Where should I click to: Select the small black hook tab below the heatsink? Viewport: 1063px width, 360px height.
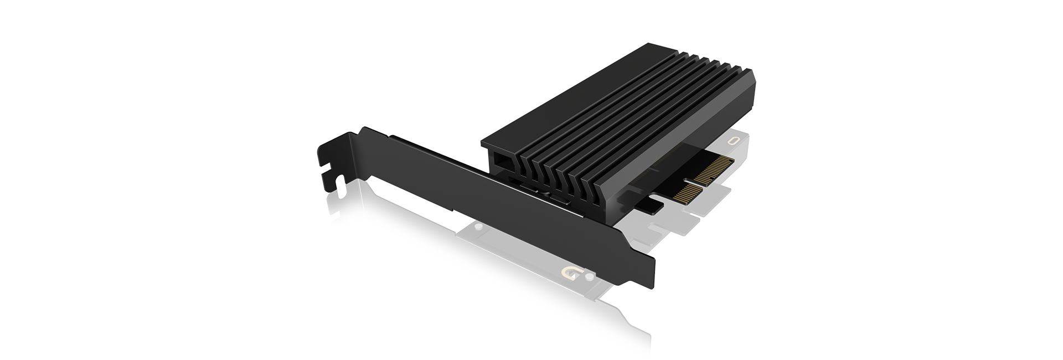pos(648,206)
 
